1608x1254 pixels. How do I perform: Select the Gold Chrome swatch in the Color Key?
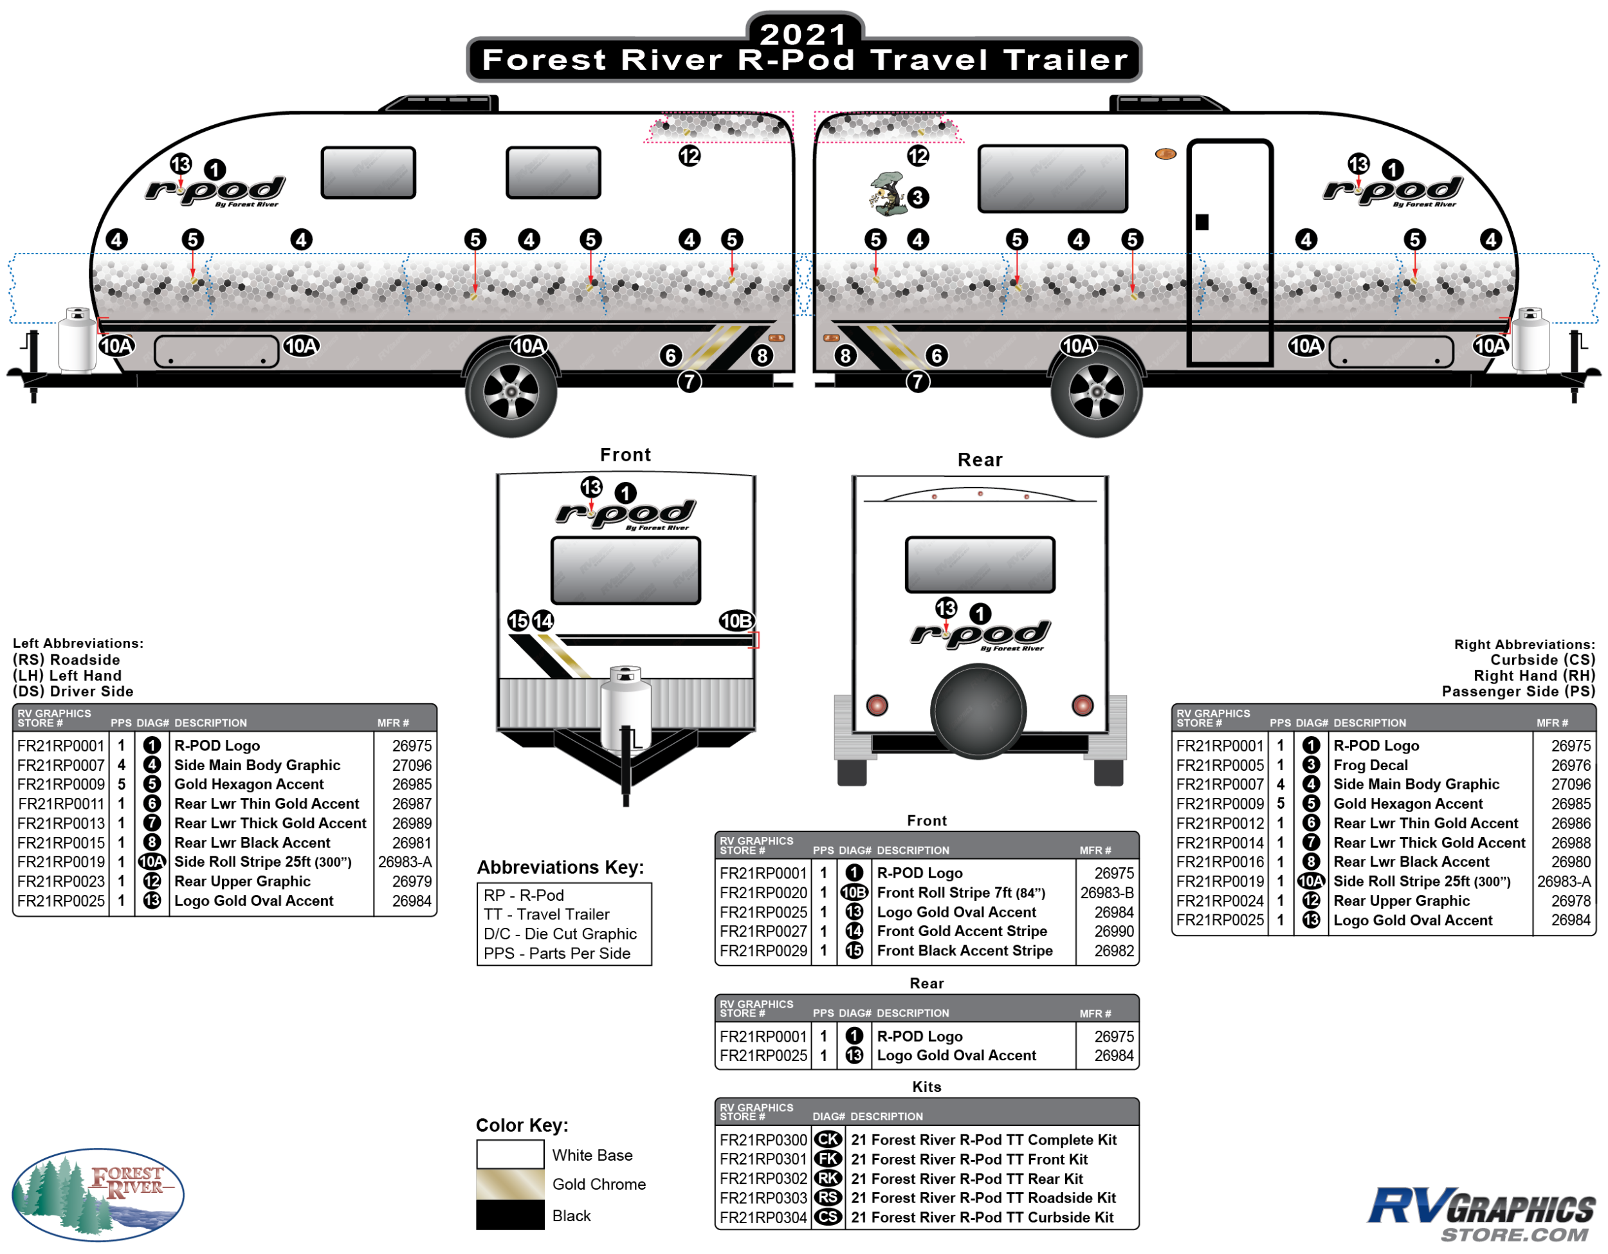pyautogui.click(x=509, y=1184)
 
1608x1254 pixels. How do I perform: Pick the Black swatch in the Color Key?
pyautogui.click(x=509, y=1215)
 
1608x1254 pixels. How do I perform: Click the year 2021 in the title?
pyautogui.click(x=803, y=33)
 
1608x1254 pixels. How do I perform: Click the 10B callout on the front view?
pyautogui.click(x=736, y=621)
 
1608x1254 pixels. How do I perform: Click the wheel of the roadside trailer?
pyautogui.click(x=511, y=391)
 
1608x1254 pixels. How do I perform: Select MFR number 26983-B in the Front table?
pyautogui.click(x=1106, y=892)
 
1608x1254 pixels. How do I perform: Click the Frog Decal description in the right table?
pyautogui.click(x=1370, y=765)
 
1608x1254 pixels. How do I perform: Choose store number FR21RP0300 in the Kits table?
pyautogui.click(x=763, y=1140)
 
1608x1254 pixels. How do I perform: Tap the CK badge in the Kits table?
pyautogui.click(x=828, y=1140)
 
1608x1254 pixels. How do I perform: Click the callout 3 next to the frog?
pyautogui.click(x=917, y=198)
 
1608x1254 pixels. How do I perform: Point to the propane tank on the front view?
pyautogui.click(x=625, y=707)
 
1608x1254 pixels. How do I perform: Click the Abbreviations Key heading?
pyautogui.click(x=560, y=867)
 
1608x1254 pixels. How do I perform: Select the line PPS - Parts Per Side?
pyautogui.click(x=556, y=954)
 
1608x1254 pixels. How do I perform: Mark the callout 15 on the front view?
pyautogui.click(x=518, y=621)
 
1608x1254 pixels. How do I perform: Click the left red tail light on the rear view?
pyautogui.click(x=877, y=705)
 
